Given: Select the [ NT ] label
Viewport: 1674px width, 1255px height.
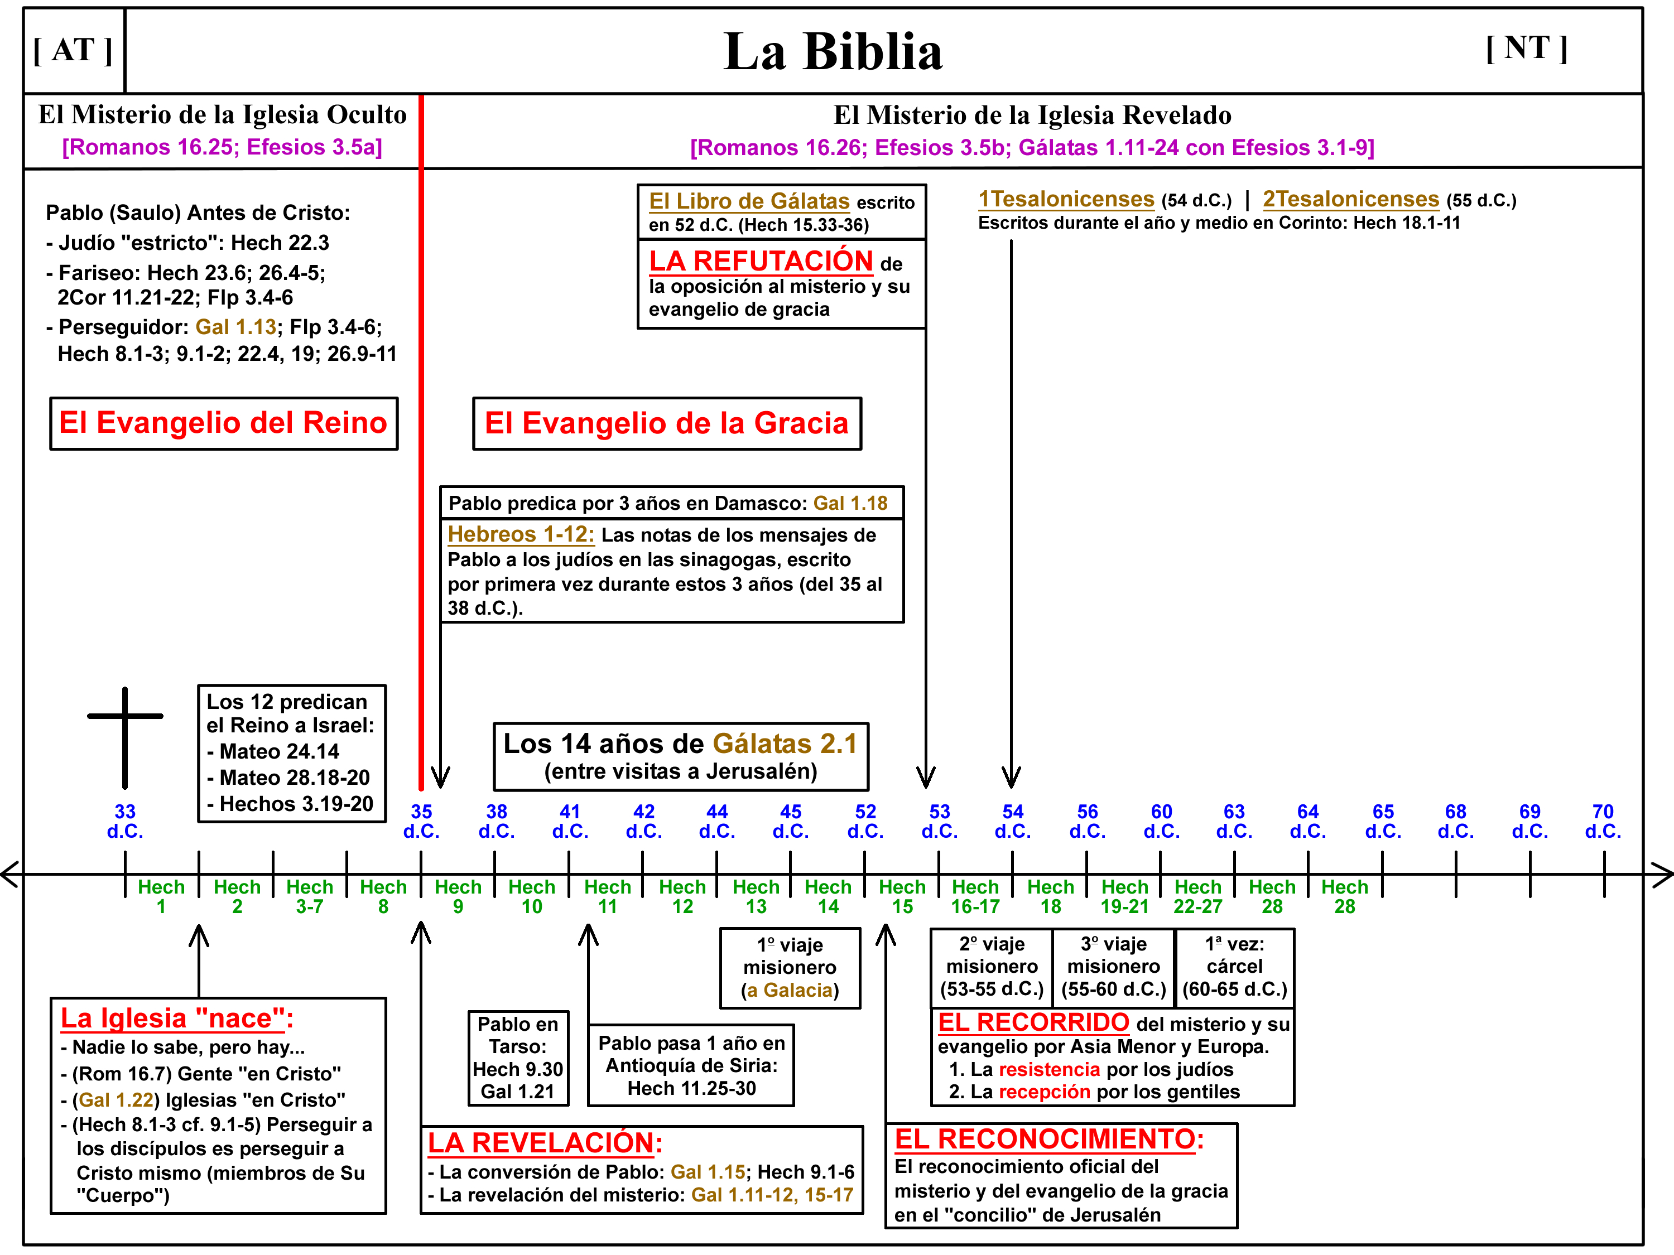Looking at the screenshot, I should tap(1526, 49).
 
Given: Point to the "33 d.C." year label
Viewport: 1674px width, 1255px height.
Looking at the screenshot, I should tap(125, 821).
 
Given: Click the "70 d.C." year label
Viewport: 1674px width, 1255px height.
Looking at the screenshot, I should tap(1603, 821).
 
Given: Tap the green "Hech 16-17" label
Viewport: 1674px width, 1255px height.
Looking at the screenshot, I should tap(975, 896).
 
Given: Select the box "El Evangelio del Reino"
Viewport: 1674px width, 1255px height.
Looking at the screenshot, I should tap(223, 423).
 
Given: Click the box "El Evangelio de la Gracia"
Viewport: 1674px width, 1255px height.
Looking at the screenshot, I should tap(667, 423).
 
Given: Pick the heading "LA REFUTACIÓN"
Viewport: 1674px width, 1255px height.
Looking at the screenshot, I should tap(761, 261).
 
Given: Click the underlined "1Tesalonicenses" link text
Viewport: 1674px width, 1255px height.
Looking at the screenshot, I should tap(1066, 199).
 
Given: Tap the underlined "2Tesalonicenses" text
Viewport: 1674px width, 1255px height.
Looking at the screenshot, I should tap(1350, 199).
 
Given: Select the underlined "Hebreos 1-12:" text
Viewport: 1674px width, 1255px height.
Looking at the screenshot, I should tap(521, 534).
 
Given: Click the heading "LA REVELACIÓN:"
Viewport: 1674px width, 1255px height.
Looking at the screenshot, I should tap(545, 1142).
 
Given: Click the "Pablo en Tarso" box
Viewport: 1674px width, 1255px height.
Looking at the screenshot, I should tap(518, 1058).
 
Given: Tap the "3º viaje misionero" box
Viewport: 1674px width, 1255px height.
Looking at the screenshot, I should tap(1113, 966).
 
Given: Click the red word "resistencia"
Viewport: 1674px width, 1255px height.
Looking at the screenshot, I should tap(1049, 1069).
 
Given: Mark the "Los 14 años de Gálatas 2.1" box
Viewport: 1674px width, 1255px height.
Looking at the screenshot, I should tap(680, 756).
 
